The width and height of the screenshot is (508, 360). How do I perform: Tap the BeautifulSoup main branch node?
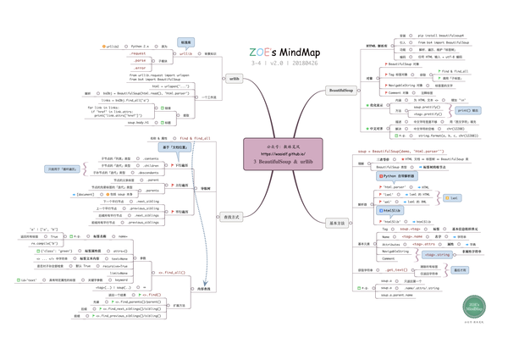tap(344, 90)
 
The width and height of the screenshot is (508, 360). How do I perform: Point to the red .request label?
tap(138, 53)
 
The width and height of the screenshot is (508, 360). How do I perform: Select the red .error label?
tap(140, 68)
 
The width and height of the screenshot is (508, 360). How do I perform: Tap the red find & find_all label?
tap(190, 138)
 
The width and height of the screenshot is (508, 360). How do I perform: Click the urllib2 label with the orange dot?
tap(112, 47)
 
